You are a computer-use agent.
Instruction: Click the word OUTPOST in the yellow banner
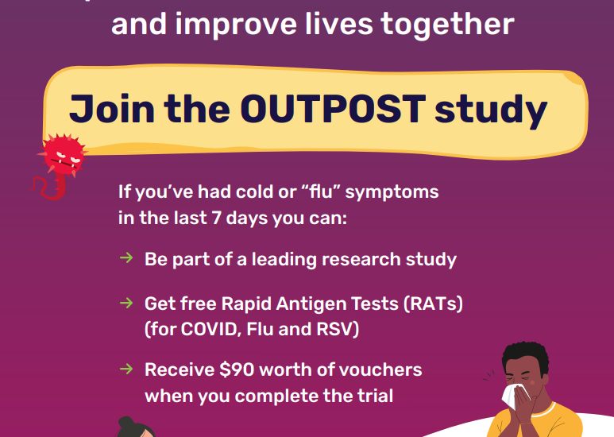pos(333,109)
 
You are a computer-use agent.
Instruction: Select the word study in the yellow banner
pos(491,110)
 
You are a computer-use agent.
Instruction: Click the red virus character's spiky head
pos(63,155)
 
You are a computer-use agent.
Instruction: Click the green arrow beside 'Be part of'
pos(126,257)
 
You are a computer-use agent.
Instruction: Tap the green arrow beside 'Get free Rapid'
pos(126,303)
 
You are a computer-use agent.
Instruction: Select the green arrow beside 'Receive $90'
pos(126,369)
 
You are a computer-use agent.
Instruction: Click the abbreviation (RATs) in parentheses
pos(433,304)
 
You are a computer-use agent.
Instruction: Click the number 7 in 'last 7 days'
pos(216,218)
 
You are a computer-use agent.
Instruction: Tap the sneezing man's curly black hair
pos(525,355)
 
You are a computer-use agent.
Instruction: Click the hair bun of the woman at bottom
pos(126,423)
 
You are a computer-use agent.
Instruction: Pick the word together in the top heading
pos(447,25)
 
